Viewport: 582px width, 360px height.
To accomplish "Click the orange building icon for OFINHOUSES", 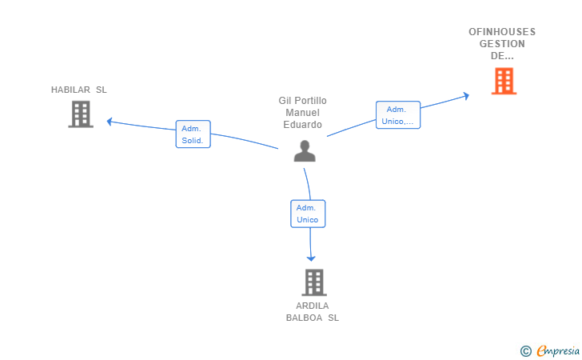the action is click(504, 81).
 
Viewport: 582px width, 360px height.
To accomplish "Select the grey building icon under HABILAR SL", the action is click(81, 114).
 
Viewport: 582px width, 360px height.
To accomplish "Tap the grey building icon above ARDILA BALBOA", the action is click(314, 282).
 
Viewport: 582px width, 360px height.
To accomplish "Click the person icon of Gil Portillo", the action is click(305, 151).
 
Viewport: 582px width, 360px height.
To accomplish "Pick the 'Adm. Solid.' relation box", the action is click(193, 134).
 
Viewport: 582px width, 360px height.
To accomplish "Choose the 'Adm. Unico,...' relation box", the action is click(398, 114).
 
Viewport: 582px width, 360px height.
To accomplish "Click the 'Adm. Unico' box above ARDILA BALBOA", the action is click(308, 214).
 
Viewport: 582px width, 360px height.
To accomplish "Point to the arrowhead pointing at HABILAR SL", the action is click(109, 122).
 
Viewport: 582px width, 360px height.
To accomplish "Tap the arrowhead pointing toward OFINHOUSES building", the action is click(466, 96).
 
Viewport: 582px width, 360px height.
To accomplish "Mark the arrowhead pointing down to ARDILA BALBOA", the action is click(311, 258).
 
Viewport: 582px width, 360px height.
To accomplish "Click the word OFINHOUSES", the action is click(502, 32).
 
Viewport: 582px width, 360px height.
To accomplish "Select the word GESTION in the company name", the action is click(502, 44).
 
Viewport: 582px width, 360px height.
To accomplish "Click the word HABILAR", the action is click(70, 90).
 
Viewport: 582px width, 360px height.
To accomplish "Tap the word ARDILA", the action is click(312, 306).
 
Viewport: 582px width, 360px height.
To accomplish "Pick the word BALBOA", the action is click(304, 318).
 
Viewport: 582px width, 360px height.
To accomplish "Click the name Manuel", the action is click(302, 113).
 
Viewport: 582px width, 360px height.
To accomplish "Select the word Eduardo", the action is click(302, 125).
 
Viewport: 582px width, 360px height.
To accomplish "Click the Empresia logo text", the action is click(558, 350).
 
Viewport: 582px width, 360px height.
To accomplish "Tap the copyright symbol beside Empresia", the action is click(526, 351).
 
